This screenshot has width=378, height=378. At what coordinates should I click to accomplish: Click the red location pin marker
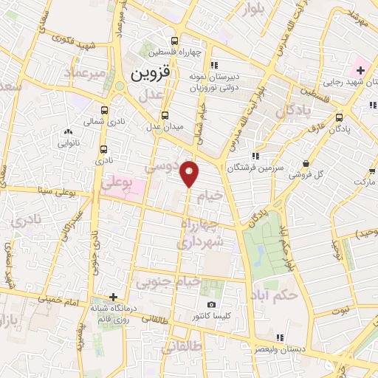coord(190,173)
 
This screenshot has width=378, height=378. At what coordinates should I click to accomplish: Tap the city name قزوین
coord(151,75)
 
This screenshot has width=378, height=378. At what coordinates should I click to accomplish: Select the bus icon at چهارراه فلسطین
coord(174,41)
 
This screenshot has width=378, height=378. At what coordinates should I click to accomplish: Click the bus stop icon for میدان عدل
coord(165,115)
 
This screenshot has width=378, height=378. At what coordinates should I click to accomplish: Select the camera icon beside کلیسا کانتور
coord(212,305)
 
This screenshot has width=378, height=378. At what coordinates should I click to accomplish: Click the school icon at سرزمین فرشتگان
coord(255,156)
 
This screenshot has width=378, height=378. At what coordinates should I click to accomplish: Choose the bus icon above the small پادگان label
coord(338,117)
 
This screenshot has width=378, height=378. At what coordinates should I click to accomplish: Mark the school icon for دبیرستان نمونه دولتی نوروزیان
coord(213,63)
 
